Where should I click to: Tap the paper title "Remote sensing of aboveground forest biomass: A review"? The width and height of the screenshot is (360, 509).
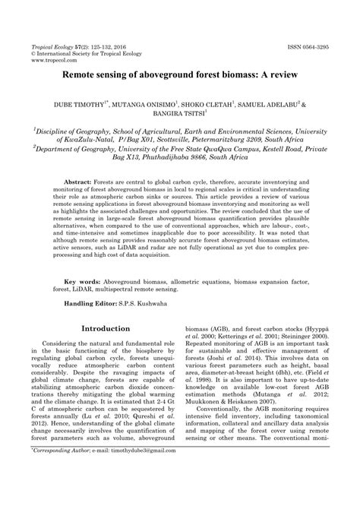click(x=179, y=77)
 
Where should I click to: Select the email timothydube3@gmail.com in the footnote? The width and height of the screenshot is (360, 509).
click(x=144, y=494)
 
